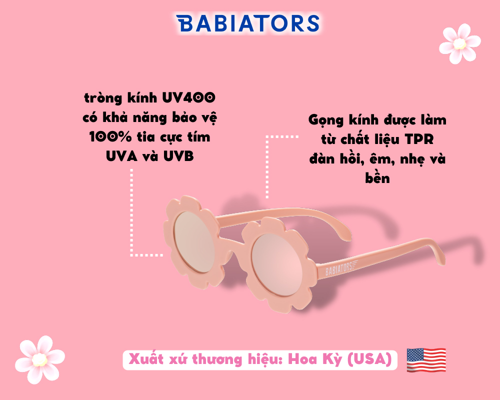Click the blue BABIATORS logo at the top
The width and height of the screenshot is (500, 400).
pos(247,23)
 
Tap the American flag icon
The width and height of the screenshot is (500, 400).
pos(426,360)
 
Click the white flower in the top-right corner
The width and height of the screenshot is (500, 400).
pos(460,43)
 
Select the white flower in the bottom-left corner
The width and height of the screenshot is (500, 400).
pos(40,359)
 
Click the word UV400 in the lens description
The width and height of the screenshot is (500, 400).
pos(189,97)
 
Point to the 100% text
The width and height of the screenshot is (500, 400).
pos(110,137)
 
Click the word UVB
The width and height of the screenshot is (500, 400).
pos(178,156)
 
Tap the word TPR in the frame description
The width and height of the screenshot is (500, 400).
pos(419,139)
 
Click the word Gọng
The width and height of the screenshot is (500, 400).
pos(326,120)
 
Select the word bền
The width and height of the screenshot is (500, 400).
pos(377,177)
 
